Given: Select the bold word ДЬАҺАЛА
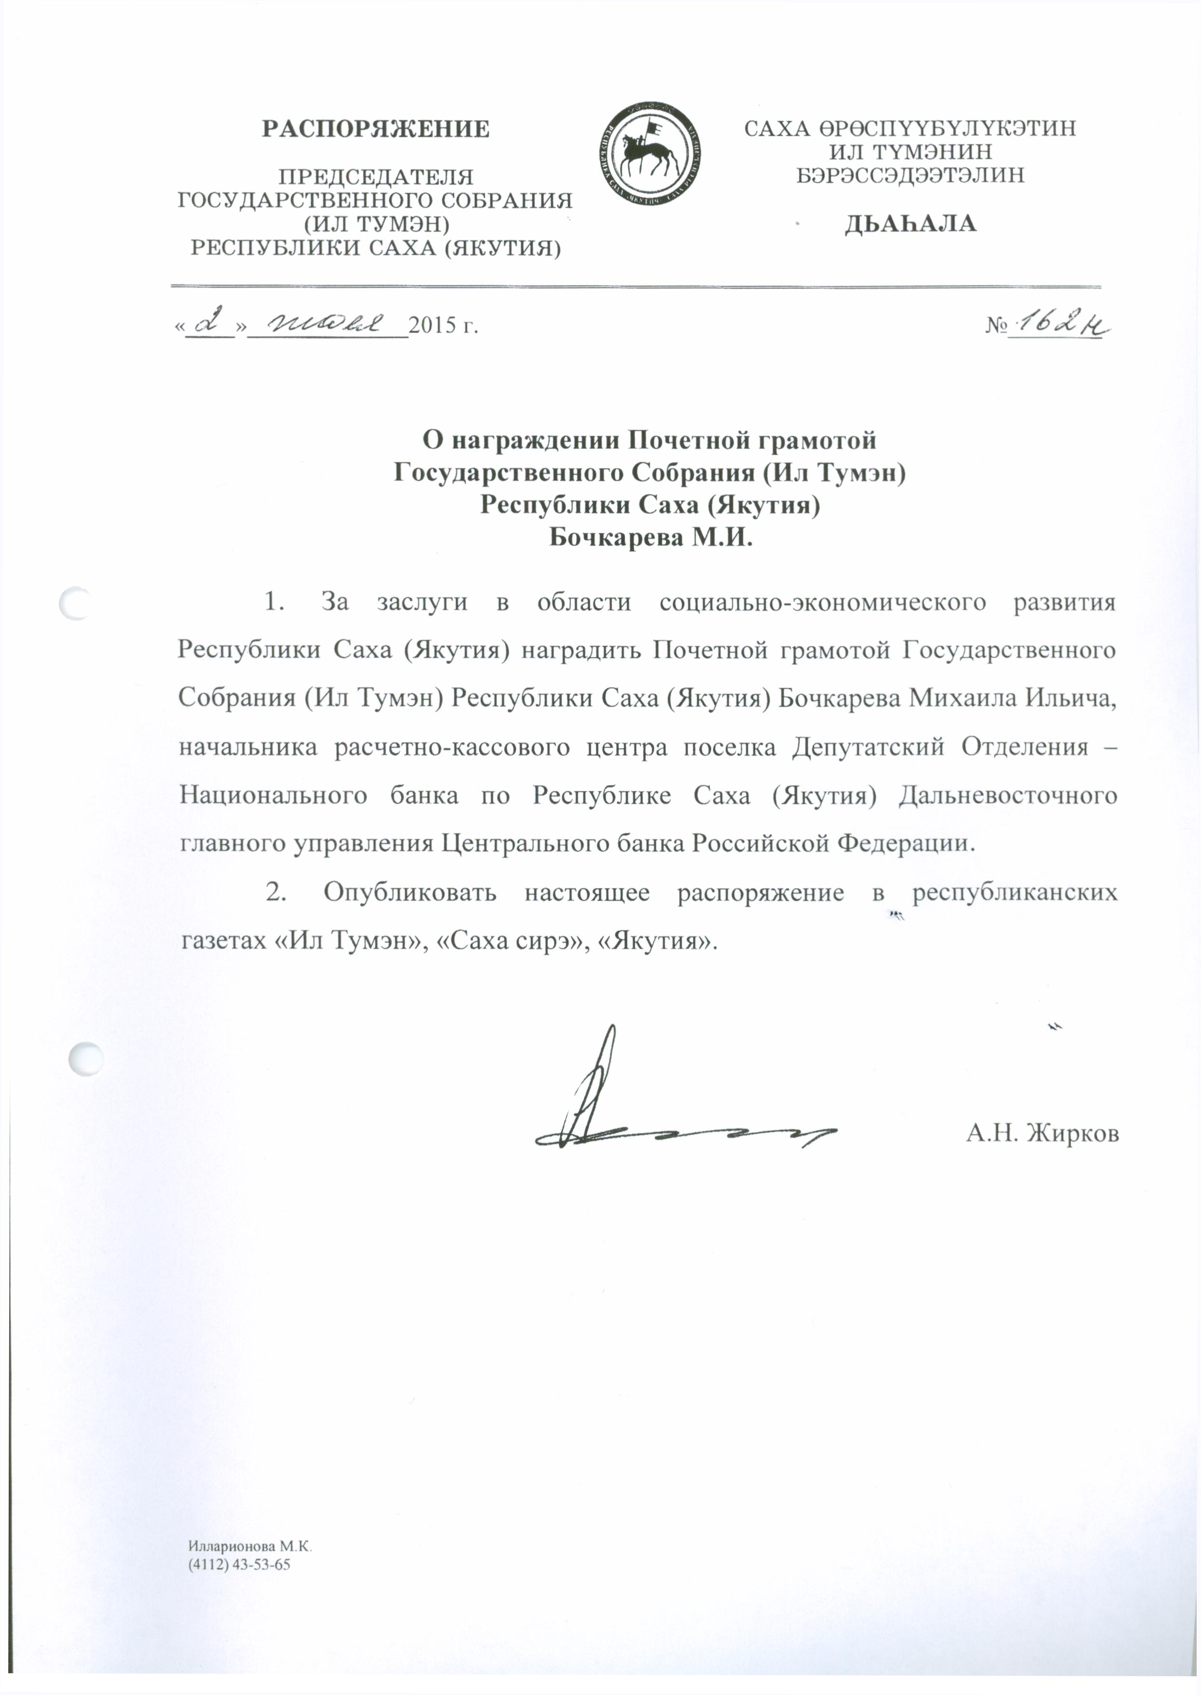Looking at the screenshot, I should click(x=911, y=224).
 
